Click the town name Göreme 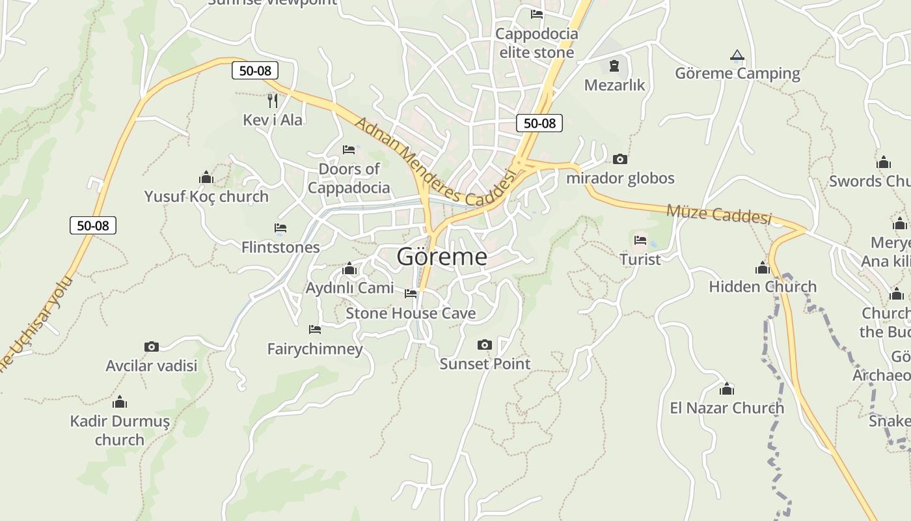pyautogui.click(x=442, y=257)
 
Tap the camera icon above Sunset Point pyautogui.click(x=485, y=345)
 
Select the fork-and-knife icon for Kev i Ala pyautogui.click(x=273, y=100)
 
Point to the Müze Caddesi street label pyautogui.click(x=719, y=214)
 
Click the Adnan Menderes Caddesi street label pyautogui.click(x=435, y=162)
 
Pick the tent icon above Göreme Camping pyautogui.click(x=737, y=55)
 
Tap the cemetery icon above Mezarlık pyautogui.click(x=614, y=66)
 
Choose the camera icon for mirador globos pyautogui.click(x=620, y=159)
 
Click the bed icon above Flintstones pyautogui.click(x=280, y=228)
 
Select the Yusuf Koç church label pyautogui.click(x=206, y=196)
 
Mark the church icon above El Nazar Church pyautogui.click(x=727, y=389)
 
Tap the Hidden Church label pyautogui.click(x=763, y=287)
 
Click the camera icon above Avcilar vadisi pyautogui.click(x=152, y=346)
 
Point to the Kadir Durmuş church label pyautogui.click(x=120, y=430)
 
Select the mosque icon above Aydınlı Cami pyautogui.click(x=349, y=269)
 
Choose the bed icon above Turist pyautogui.click(x=640, y=240)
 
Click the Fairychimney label pyautogui.click(x=315, y=349)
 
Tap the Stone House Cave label pyautogui.click(x=411, y=313)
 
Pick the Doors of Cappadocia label pyautogui.click(x=349, y=178)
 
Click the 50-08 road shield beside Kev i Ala pyautogui.click(x=255, y=70)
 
